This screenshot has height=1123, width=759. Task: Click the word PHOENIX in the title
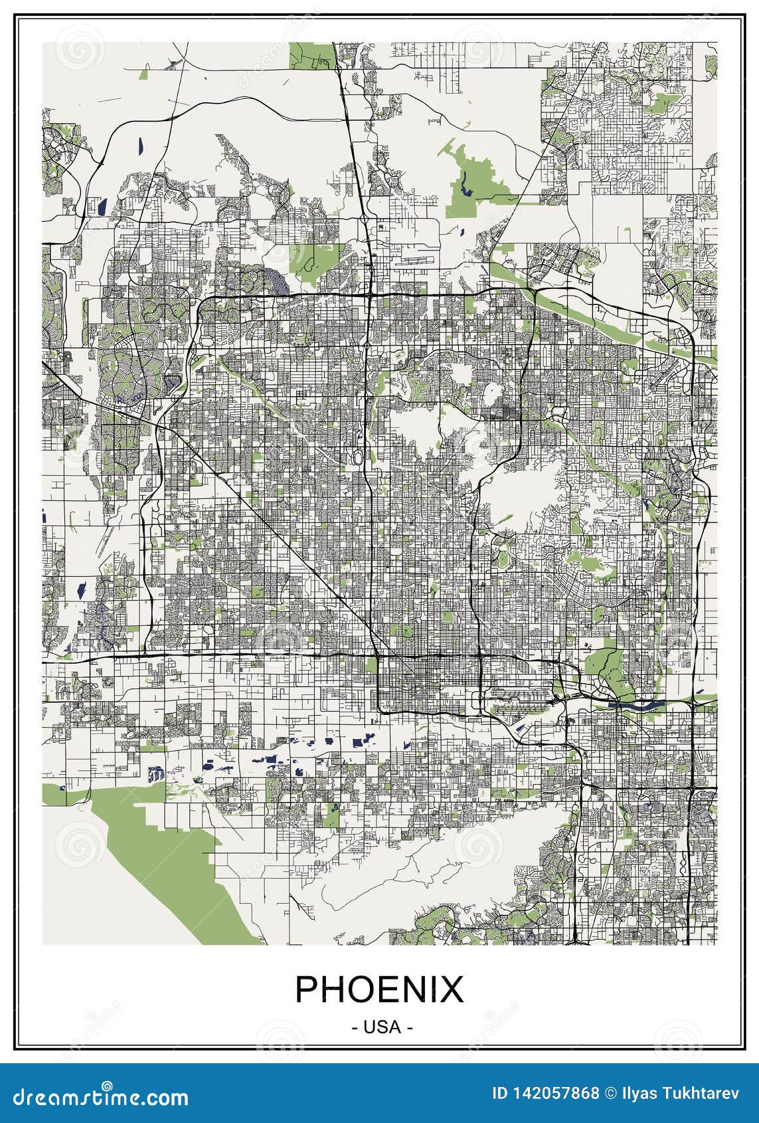379,989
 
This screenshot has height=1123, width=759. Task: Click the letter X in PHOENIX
449,989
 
